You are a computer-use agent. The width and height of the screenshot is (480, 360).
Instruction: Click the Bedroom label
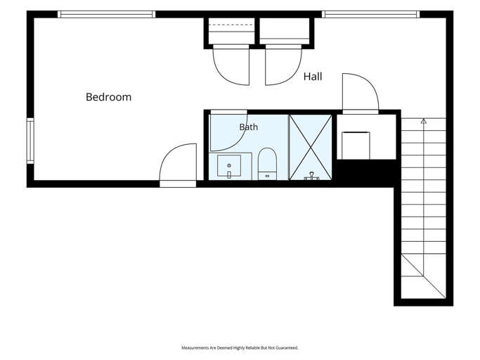tap(109, 97)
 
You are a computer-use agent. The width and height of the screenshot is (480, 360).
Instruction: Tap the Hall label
tap(313, 77)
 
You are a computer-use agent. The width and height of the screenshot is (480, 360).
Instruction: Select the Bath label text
tap(249, 127)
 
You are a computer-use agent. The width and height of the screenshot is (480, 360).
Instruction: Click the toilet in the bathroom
tap(267, 164)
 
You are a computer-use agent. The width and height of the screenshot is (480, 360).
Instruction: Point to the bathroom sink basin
tap(229, 165)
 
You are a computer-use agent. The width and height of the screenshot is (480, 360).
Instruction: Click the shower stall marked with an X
tap(311, 148)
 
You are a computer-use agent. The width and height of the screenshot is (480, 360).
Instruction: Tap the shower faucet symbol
tap(311, 176)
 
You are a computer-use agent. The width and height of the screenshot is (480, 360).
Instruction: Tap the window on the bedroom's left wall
tap(30, 141)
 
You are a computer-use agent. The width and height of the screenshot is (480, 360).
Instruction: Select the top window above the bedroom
tap(107, 14)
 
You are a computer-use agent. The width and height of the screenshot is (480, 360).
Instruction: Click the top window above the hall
tap(370, 14)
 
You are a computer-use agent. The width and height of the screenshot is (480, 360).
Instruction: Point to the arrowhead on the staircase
tap(424, 121)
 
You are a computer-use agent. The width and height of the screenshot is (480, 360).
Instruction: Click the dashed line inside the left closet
tap(231, 25)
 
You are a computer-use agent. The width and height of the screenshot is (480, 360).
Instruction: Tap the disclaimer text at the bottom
tap(240, 348)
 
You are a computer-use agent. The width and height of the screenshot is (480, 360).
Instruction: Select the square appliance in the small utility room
tap(356, 146)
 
